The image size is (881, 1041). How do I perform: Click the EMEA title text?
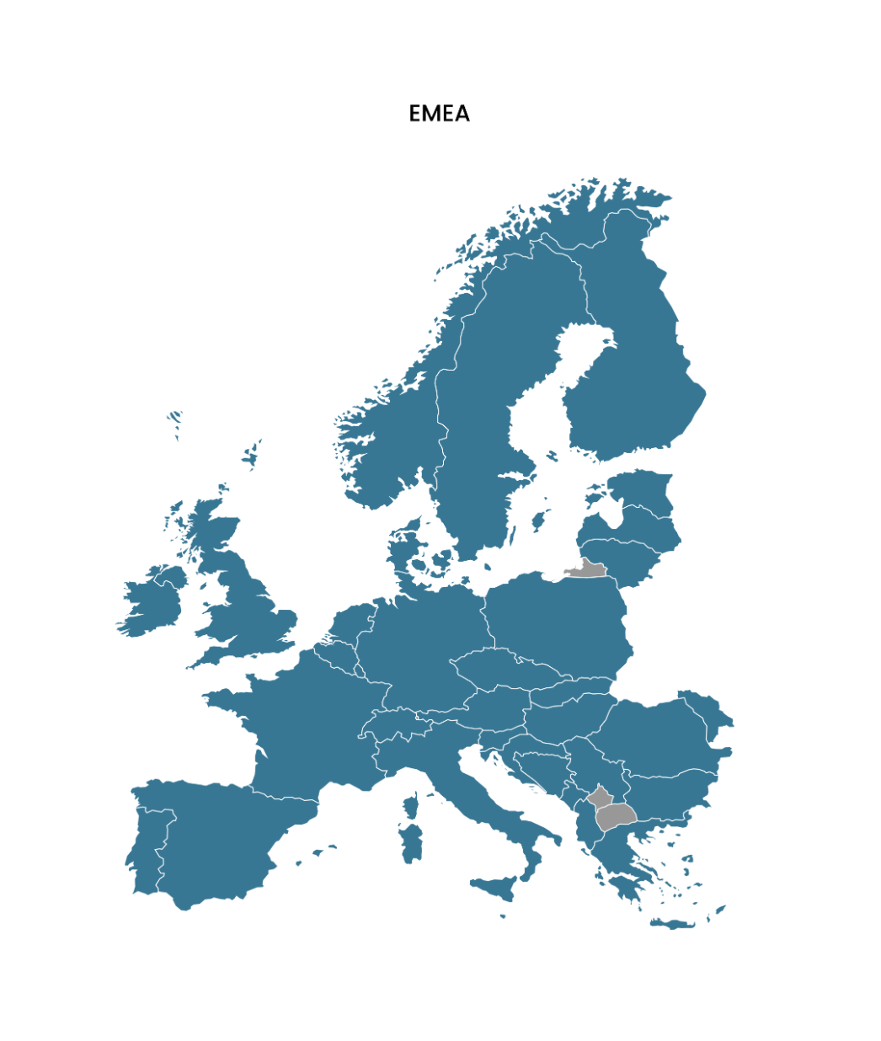click(439, 114)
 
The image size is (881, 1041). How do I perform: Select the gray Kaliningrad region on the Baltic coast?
click(590, 570)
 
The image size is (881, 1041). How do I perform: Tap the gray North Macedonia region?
click(615, 815)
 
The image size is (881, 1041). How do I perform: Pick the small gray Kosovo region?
click(600, 796)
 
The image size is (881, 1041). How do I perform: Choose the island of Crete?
click(674, 924)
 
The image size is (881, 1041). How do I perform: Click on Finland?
click(640, 371)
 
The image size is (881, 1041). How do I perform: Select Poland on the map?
click(556, 623)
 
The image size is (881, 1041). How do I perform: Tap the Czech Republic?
click(497, 670)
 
